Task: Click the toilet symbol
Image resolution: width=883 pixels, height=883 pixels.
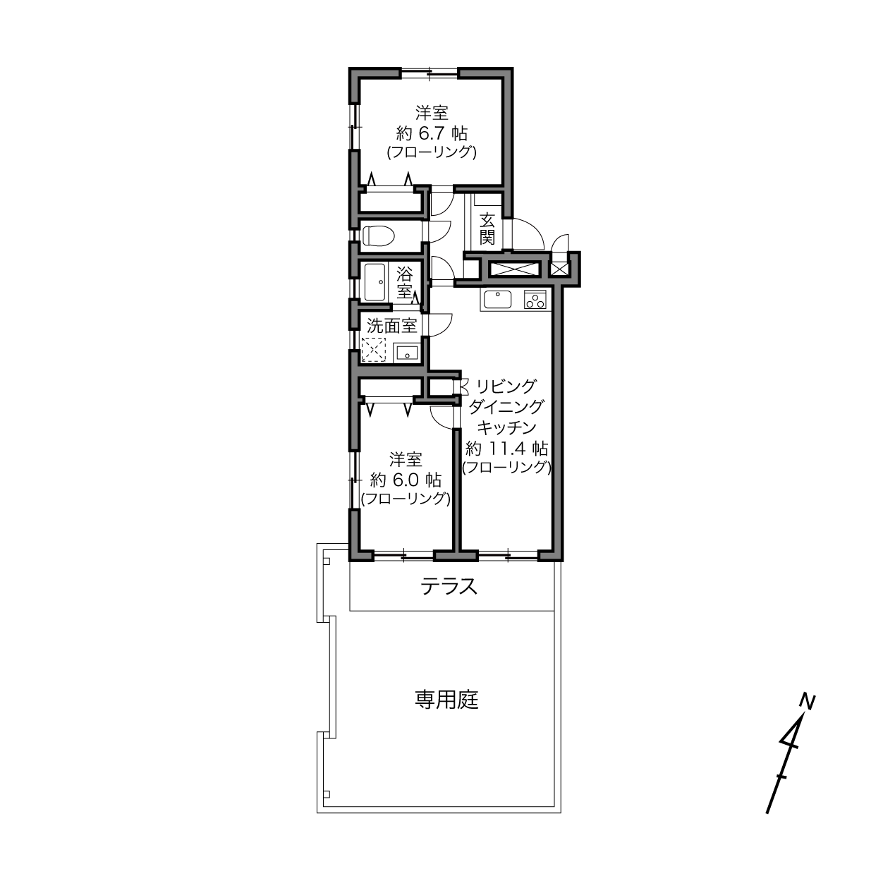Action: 379,236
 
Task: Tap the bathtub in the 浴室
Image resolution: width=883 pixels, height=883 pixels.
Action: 374,282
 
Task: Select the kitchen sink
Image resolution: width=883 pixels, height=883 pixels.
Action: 498,300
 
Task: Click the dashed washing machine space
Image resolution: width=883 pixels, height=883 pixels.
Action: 374,350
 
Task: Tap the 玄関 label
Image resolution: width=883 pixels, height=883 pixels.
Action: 487,229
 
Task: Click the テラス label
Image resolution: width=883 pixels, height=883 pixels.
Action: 449,586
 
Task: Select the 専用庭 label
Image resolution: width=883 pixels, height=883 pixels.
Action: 446,700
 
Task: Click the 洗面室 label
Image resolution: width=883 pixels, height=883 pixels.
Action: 392,326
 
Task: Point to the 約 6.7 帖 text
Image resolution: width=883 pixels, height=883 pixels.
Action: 432,133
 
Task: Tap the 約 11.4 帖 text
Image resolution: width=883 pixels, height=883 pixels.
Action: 507,448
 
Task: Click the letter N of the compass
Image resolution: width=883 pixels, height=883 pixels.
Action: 807,702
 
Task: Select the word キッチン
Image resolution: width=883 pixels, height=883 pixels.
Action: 507,427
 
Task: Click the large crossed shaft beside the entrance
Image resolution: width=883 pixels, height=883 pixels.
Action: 513,268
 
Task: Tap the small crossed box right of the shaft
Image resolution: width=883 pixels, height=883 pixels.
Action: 559,268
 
